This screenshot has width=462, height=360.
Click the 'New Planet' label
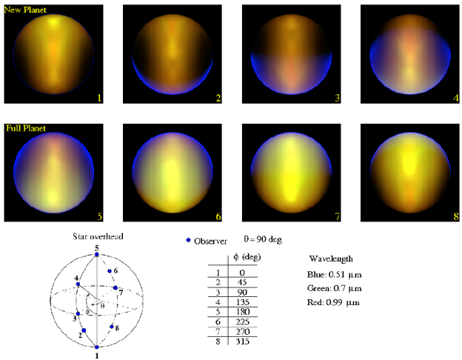click(24, 10)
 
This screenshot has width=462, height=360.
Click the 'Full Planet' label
click(25, 128)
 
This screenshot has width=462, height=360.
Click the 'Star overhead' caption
click(98, 236)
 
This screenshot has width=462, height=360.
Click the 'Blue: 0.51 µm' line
click(334, 274)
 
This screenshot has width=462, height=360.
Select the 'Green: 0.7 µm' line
click(333, 288)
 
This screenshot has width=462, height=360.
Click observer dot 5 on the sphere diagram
click(97, 256)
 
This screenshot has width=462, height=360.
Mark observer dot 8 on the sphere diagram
click(112, 327)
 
